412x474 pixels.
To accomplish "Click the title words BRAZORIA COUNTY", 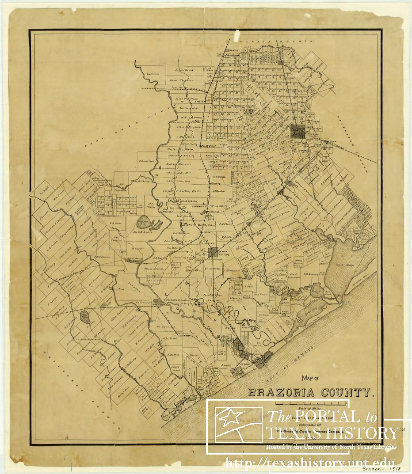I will (310, 392).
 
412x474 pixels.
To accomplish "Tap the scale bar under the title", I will (310, 402).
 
